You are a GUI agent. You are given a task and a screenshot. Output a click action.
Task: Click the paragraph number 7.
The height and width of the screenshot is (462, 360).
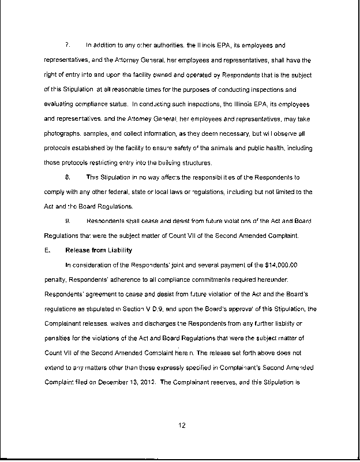coord(67,44)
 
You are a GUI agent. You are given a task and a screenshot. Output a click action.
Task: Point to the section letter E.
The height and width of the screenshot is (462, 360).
coord(46,250)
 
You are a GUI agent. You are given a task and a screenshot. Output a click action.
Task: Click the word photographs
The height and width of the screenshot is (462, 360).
coord(60,135)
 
